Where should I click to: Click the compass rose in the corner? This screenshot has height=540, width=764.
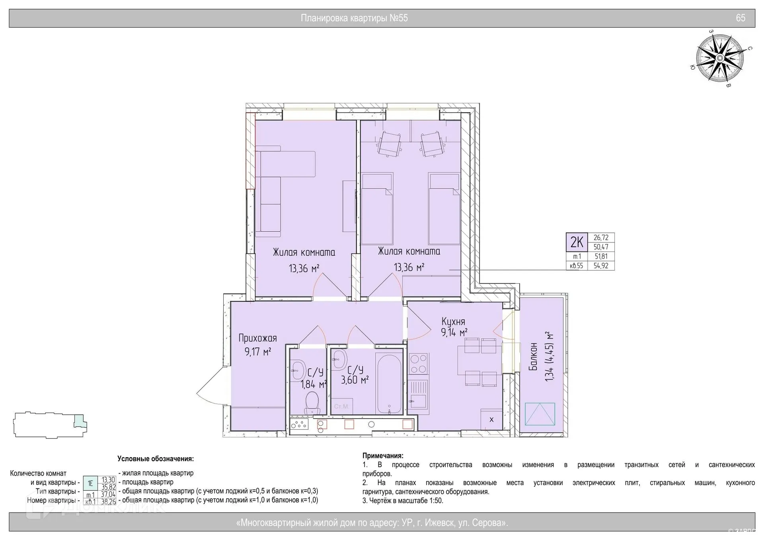pos(720,58)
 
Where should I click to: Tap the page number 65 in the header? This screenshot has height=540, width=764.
pos(741,18)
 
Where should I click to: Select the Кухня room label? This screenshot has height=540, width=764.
pos(453,321)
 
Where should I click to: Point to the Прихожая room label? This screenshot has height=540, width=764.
pos(257,338)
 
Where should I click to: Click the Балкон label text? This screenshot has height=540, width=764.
pos(533,357)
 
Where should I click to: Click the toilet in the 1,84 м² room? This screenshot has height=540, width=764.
pos(312,403)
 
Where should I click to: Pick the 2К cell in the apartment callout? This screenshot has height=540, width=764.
pos(577,242)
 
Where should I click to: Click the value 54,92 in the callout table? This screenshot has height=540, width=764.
pos(601,266)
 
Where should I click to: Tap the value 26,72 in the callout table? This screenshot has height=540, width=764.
pos(601,238)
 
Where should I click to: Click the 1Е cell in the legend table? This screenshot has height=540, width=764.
pos(90,483)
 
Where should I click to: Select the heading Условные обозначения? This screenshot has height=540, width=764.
pos(156,459)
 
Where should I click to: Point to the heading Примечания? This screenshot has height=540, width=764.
pos(383,456)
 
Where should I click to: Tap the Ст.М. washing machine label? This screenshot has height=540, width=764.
pos(341,406)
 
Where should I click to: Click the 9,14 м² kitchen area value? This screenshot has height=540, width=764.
pos(454,332)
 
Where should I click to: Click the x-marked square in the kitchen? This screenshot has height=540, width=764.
pos(491,419)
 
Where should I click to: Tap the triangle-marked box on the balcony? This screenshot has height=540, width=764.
pos(540,414)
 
